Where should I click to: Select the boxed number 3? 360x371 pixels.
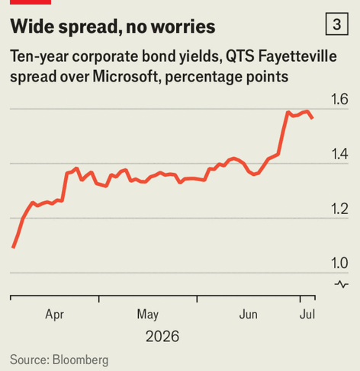click(337, 24)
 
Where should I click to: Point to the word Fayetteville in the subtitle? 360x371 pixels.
click(297, 56)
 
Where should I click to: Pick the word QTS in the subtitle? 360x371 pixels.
click(240, 56)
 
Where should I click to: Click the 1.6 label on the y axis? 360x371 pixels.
click(339, 99)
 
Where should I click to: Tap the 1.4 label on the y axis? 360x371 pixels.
click(339, 154)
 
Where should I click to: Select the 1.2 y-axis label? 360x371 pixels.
click(339, 209)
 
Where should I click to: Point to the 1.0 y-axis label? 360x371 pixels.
click(339, 263)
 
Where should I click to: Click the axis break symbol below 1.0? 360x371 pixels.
click(342, 284)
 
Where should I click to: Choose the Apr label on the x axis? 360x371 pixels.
click(54, 315)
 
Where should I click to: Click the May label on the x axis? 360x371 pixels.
click(148, 315)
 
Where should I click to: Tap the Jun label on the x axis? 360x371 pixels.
click(249, 315)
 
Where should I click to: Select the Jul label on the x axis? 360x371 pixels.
click(307, 315)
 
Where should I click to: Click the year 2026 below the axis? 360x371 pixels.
click(162, 337)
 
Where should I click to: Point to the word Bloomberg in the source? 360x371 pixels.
click(80, 360)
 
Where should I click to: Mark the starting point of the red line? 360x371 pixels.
click(13, 248)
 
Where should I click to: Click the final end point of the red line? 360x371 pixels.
click(313, 118)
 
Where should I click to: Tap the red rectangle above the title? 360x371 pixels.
click(31, 2)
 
